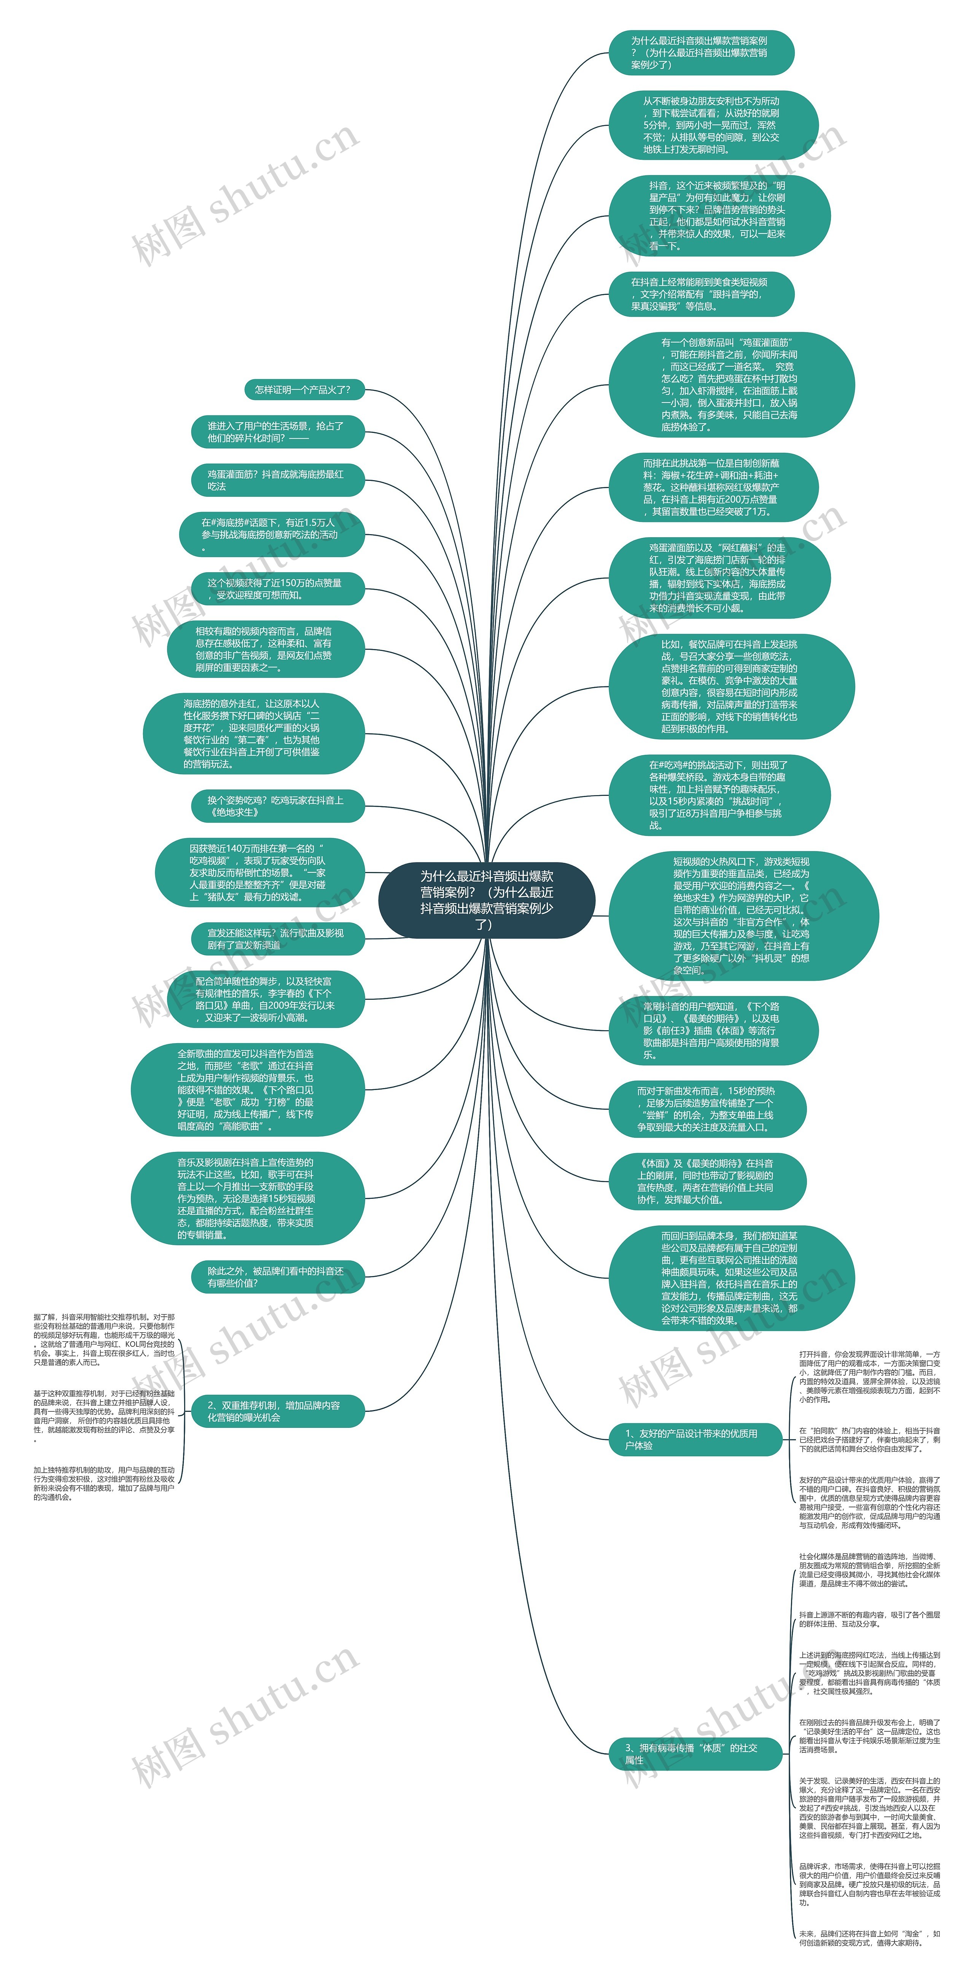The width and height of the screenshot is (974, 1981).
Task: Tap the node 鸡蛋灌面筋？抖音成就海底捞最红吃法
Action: pyautogui.click(x=277, y=480)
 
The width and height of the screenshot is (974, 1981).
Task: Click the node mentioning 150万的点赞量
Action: pyautogui.click(x=277, y=589)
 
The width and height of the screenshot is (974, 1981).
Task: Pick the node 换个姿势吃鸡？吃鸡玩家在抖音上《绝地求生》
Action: pyautogui.click(x=277, y=806)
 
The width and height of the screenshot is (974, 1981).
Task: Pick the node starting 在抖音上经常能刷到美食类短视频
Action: pyautogui.click(x=700, y=294)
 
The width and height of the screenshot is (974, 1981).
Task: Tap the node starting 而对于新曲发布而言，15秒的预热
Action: pyautogui.click(x=706, y=1109)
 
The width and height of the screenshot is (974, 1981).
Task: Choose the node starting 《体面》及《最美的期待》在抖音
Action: pyautogui.click(x=706, y=1181)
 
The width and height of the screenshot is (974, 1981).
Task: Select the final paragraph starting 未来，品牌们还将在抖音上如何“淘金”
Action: pyautogui.click(x=869, y=1938)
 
